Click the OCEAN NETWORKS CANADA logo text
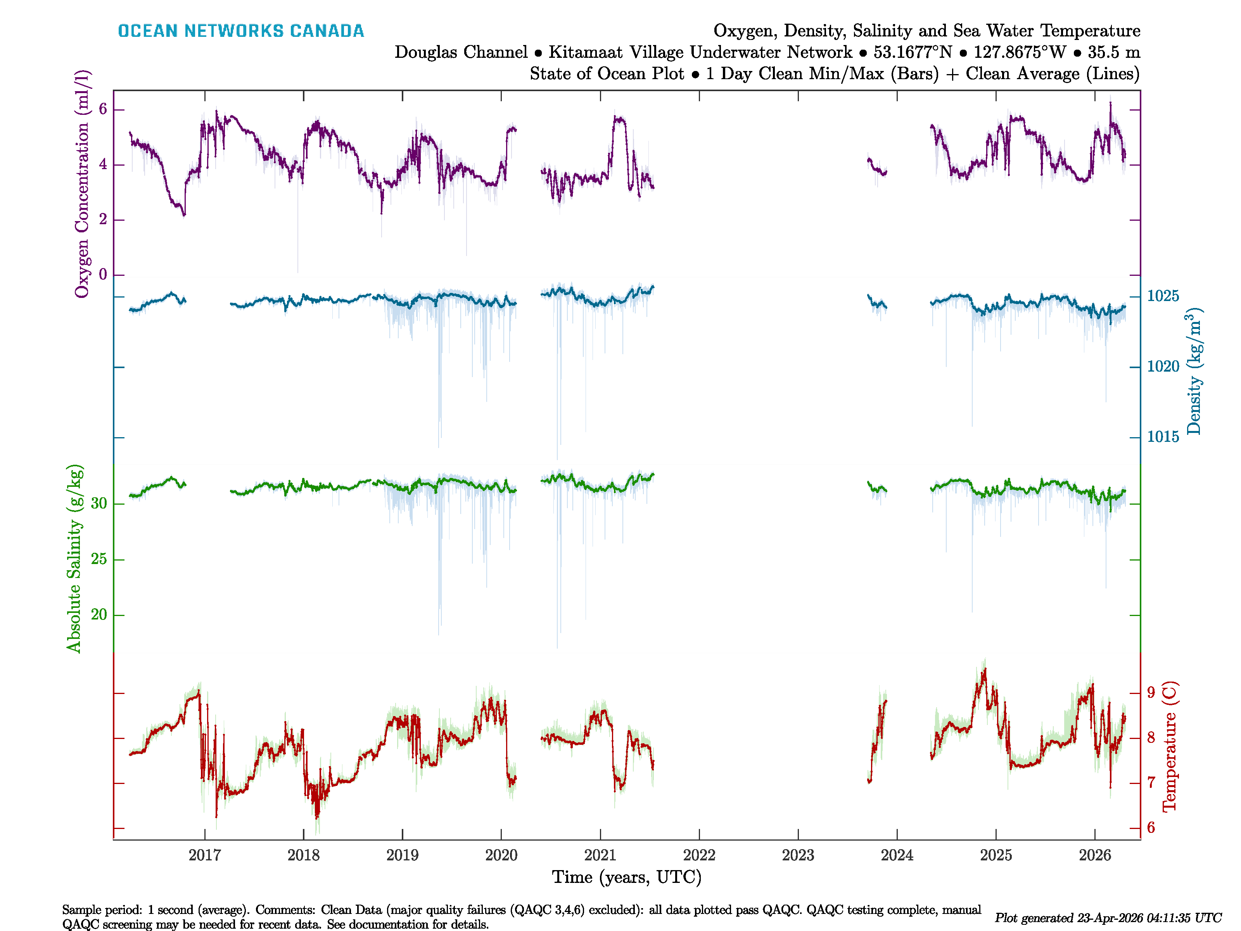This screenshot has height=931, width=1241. click(x=241, y=31)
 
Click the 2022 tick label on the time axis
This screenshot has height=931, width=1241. click(x=699, y=855)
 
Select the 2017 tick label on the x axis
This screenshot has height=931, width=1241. click(x=205, y=855)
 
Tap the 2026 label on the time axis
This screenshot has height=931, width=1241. click(x=1094, y=855)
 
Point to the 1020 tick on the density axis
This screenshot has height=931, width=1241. click(x=1163, y=367)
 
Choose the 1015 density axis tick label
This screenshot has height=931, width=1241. click(x=1163, y=436)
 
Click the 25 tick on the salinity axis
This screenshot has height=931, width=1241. click(x=99, y=559)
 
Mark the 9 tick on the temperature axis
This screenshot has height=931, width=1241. click(x=1151, y=692)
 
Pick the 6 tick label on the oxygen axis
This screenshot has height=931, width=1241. click(x=103, y=109)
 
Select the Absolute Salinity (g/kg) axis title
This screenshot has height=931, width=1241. click(x=74, y=558)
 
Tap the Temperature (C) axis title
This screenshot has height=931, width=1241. click(x=1169, y=746)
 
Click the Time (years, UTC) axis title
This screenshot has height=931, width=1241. click(x=627, y=877)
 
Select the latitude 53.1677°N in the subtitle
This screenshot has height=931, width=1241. click(x=912, y=52)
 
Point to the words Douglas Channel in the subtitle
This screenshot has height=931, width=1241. click(x=461, y=52)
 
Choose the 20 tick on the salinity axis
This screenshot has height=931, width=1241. click(x=99, y=614)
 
